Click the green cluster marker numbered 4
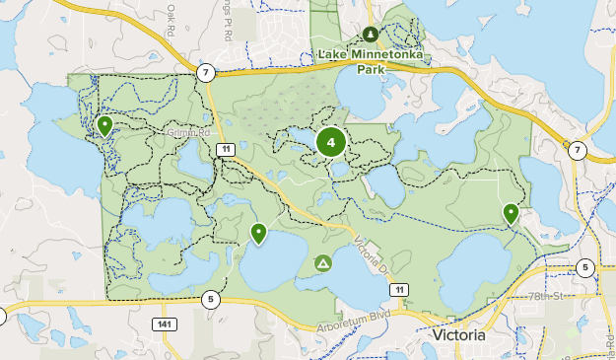click(331, 143)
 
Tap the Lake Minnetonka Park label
click(370, 62)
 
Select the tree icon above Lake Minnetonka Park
click(371, 33)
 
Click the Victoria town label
click(458, 335)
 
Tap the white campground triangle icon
click(322, 263)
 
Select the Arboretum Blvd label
click(354, 324)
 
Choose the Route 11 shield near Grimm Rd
click(226, 148)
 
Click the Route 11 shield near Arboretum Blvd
click(398, 289)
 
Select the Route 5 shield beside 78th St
click(585, 267)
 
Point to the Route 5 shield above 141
click(210, 299)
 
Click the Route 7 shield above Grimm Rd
click(205, 73)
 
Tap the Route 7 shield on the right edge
click(577, 150)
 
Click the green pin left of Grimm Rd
click(104, 125)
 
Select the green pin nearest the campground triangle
click(258, 233)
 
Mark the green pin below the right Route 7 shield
click(511, 212)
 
